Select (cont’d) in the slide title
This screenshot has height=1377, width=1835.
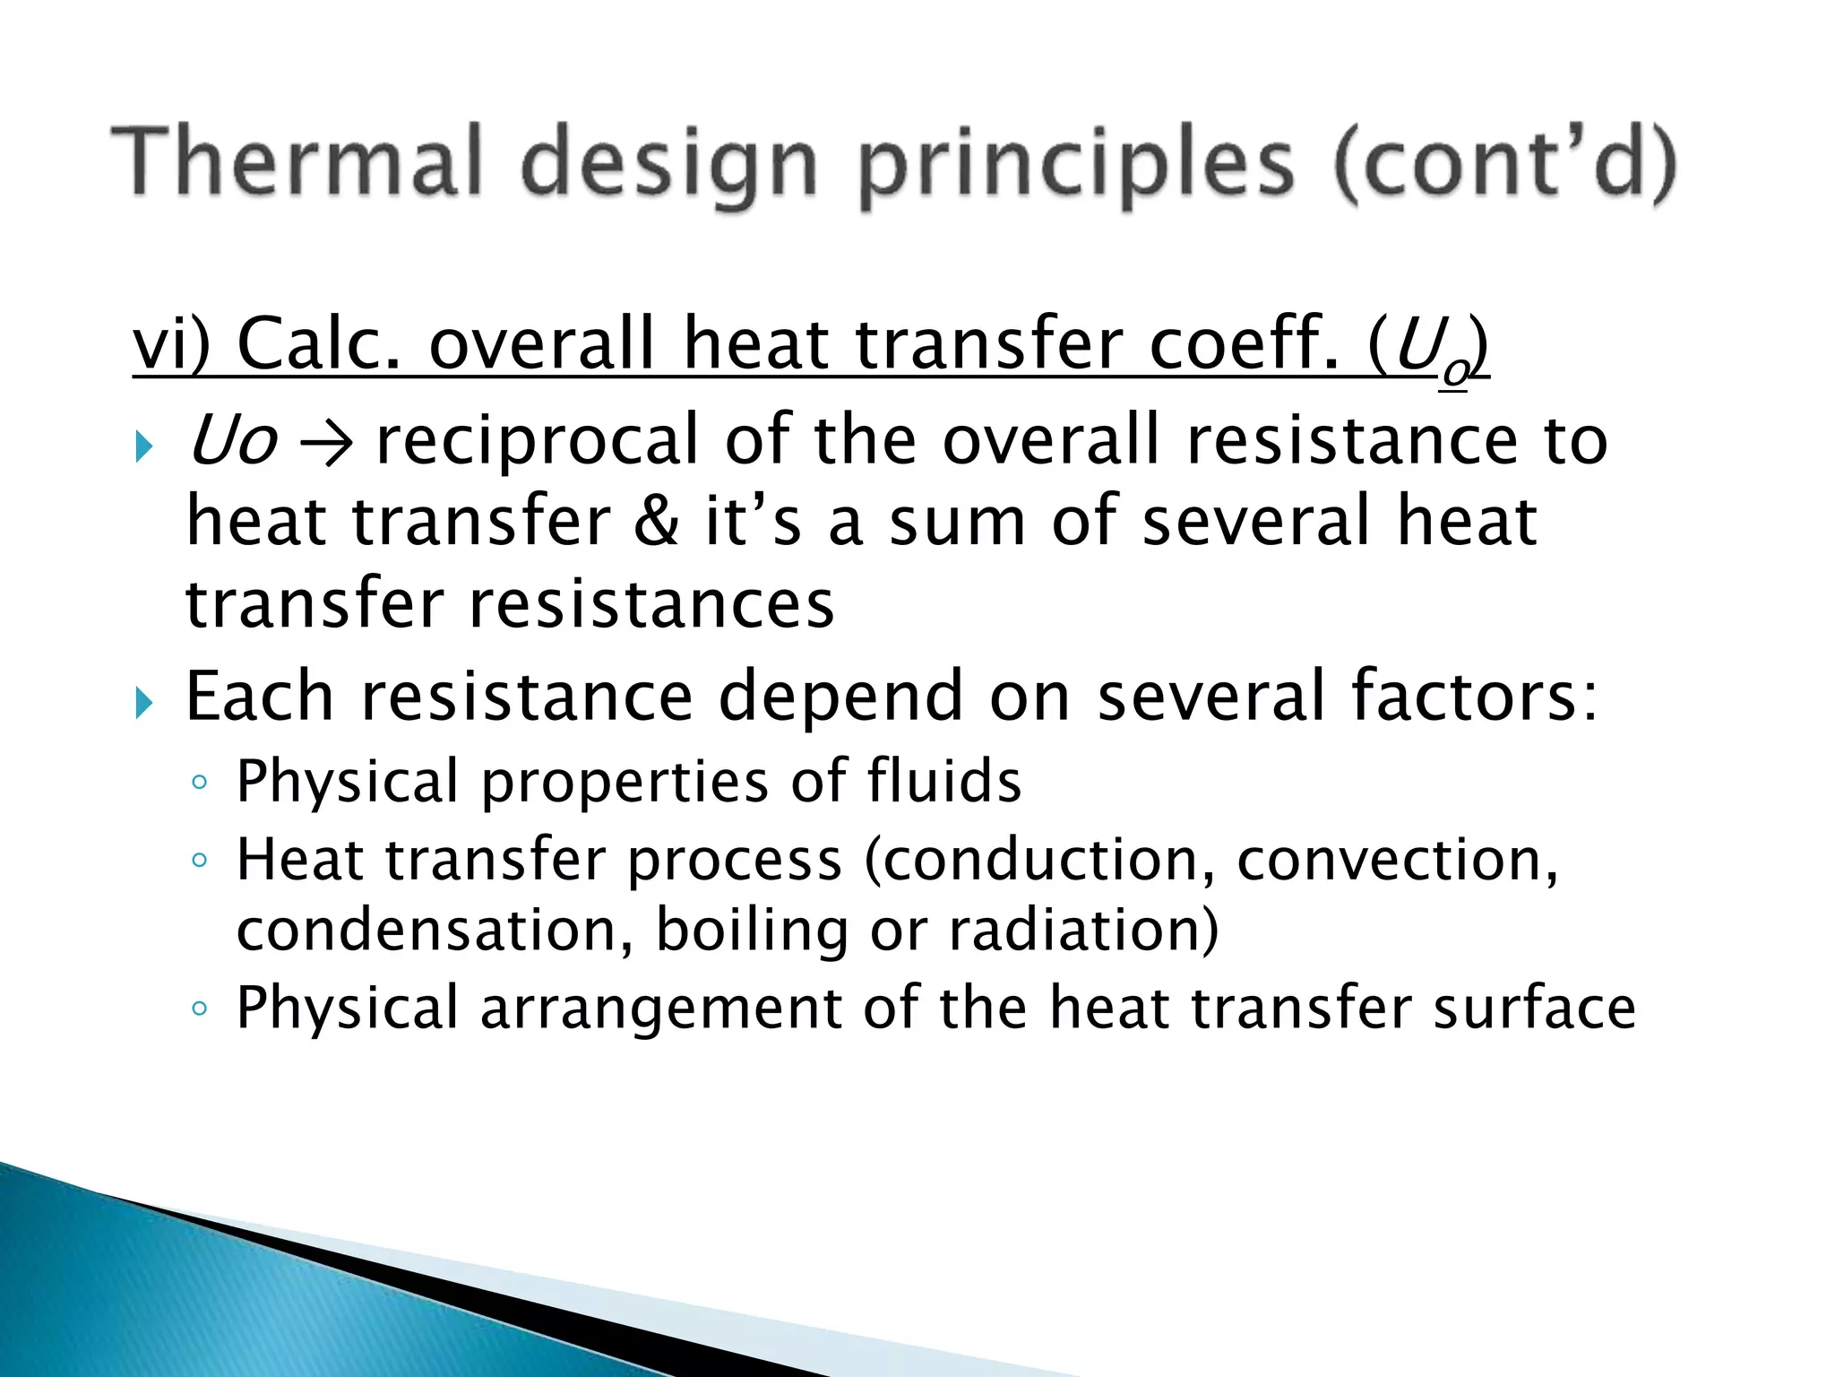coord(1504,164)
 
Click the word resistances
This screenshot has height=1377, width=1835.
coord(652,604)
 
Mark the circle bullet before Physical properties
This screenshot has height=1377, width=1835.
coord(200,783)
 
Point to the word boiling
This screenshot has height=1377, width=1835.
coord(752,931)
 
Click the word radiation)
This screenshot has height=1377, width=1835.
coord(1084,930)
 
